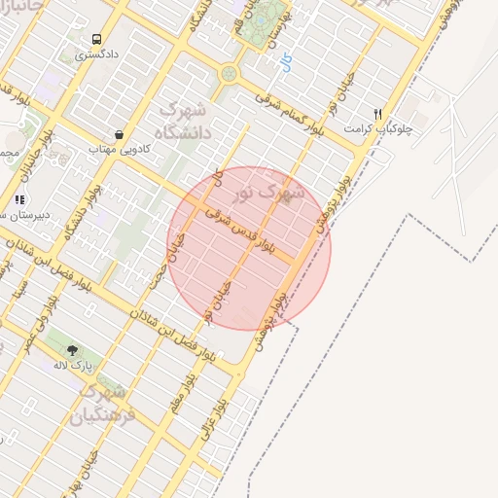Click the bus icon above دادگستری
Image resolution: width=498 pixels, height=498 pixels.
click(x=96, y=40)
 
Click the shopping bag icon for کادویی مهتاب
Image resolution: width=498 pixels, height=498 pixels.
click(x=119, y=135)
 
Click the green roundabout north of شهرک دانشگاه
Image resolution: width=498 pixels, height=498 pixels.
click(x=230, y=73)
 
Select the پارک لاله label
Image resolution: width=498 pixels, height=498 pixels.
click(x=73, y=364)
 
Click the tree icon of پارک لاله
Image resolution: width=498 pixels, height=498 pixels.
click(x=72, y=349)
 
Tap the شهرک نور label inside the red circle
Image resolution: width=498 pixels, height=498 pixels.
click(x=277, y=191)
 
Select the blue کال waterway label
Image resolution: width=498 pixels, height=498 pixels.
click(x=285, y=64)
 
